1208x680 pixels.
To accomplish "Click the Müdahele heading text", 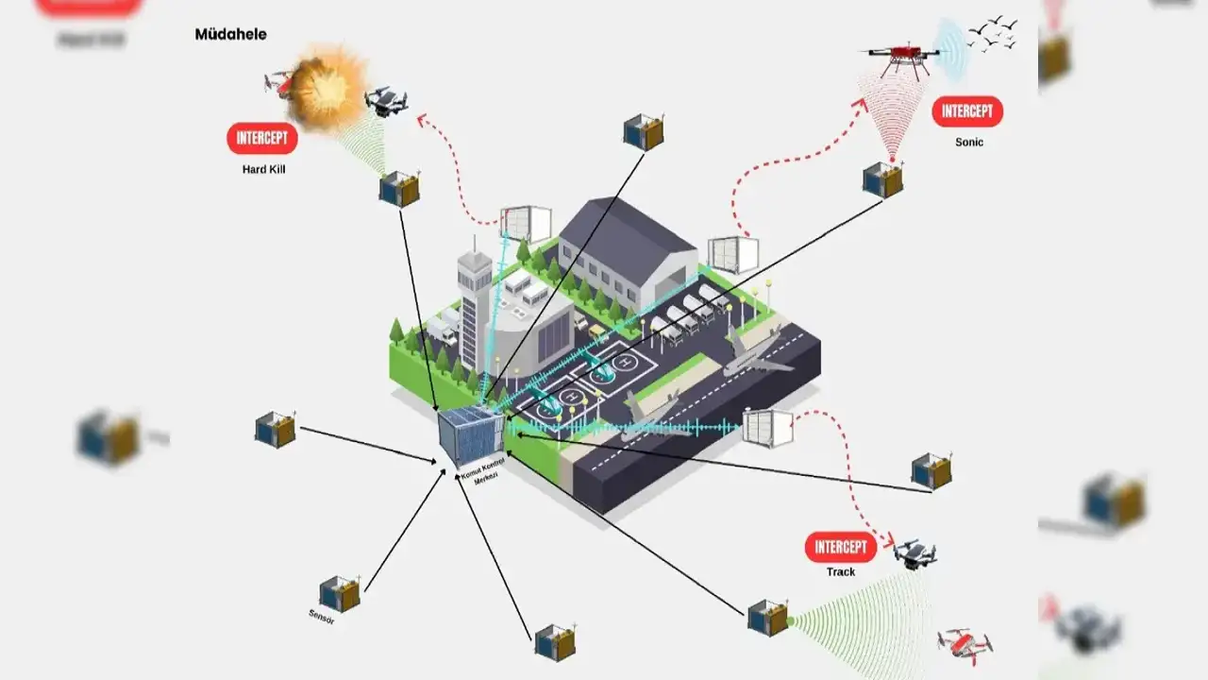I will coord(230,35).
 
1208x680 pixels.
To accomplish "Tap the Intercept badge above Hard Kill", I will coord(262,139).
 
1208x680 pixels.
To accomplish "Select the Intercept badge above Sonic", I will coord(967,111).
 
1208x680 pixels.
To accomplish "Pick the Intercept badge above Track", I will coord(840,547).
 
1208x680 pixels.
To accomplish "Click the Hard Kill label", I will coord(262,170).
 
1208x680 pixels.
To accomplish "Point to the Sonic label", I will coord(968,143).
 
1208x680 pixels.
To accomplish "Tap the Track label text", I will coord(840,572).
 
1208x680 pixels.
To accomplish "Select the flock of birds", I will coord(994,34).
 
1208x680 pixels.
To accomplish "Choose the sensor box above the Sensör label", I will coord(339,594).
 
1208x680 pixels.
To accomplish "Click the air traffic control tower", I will coord(474,302).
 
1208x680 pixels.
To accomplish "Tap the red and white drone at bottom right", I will coord(965,645).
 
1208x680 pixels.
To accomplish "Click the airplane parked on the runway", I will coord(755,353).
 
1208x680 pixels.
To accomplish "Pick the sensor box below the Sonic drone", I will coord(882,179).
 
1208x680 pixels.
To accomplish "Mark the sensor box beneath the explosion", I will coord(399,189).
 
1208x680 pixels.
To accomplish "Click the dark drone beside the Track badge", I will coord(914,553).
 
